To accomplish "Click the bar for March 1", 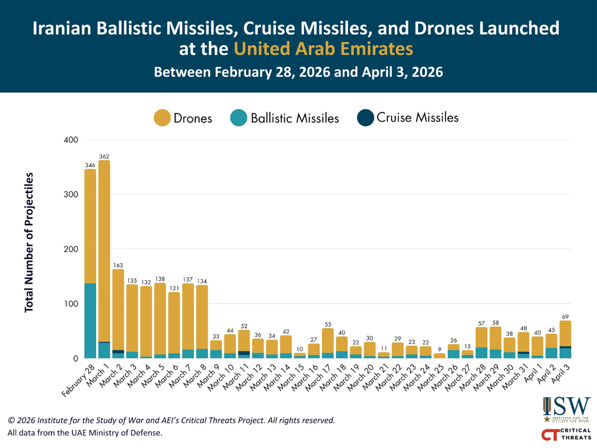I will [104, 251].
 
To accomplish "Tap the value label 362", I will [104, 156].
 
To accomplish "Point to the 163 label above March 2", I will [118, 265].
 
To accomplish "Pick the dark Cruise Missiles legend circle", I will [365, 118].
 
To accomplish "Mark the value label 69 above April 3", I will [565, 316].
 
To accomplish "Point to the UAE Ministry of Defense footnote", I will [85, 432].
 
